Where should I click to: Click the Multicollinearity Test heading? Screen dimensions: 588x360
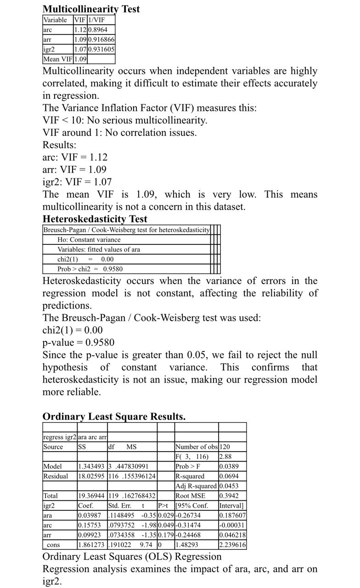coord(91,9)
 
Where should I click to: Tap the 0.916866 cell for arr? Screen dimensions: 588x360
coord(101,40)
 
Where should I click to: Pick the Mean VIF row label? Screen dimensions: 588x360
coord(58,59)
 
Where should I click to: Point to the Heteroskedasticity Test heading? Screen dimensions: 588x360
coord(95,219)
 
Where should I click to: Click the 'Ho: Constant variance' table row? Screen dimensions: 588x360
coord(89,239)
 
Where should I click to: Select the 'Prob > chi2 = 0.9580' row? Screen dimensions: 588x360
coord(90,269)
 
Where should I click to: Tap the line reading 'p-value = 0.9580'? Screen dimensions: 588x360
coord(79,342)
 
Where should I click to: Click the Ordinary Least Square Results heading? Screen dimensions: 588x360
coord(114,417)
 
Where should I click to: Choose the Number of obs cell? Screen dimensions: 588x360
coord(196,447)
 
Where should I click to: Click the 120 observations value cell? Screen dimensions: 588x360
coord(226,447)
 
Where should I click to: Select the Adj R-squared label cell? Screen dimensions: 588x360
coord(196,486)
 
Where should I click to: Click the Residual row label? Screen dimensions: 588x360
coord(56,476)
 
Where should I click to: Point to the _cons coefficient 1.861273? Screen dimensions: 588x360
coord(92,545)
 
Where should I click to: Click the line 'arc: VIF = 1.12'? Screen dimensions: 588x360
coord(75,157)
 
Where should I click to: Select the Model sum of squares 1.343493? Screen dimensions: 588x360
coord(92,466)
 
